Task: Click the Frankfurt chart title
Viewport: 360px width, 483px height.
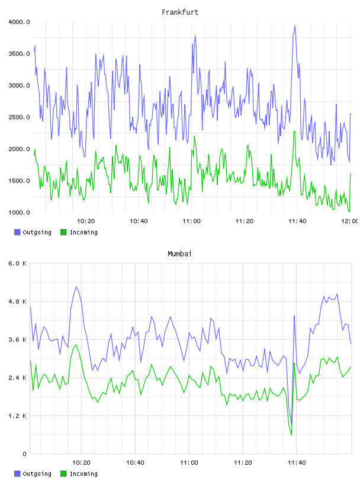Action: pyautogui.click(x=180, y=12)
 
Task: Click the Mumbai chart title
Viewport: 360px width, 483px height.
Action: pyautogui.click(x=179, y=253)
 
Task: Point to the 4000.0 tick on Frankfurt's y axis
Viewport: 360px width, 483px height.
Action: pyautogui.click(x=19, y=22)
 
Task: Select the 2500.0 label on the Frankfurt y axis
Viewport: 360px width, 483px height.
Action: pyautogui.click(x=19, y=117)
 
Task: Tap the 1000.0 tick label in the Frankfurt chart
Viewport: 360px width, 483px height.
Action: pyautogui.click(x=19, y=212)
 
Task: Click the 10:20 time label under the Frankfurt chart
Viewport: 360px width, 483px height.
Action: pyautogui.click(x=86, y=221)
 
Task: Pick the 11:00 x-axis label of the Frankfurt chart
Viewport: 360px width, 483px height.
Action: pyautogui.click(x=191, y=221)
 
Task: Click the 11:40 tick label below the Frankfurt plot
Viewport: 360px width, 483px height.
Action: pyautogui.click(x=297, y=221)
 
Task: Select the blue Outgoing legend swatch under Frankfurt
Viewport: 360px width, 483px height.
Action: pyautogui.click(x=17, y=232)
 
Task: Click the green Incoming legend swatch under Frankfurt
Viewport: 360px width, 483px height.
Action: pyautogui.click(x=63, y=232)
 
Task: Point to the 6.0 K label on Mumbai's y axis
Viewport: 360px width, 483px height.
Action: pyautogui.click(x=18, y=263)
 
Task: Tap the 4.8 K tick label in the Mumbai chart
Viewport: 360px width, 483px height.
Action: pyautogui.click(x=18, y=301)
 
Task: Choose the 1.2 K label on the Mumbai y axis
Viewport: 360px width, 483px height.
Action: pyautogui.click(x=18, y=416)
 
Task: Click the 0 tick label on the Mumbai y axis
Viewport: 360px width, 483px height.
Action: pyautogui.click(x=24, y=454)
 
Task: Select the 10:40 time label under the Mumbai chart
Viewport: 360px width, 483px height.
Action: pyautogui.click(x=135, y=462)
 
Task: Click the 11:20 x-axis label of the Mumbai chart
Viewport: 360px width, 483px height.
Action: pyautogui.click(x=243, y=462)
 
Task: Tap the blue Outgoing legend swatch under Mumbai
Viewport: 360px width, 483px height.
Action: pyautogui.click(x=17, y=474)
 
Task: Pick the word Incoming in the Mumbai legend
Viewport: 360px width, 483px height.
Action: pyautogui.click(x=83, y=474)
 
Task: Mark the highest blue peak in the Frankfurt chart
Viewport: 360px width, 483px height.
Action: pyautogui.click(x=295, y=26)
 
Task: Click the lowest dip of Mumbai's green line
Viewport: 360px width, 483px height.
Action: pyautogui.click(x=291, y=435)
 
